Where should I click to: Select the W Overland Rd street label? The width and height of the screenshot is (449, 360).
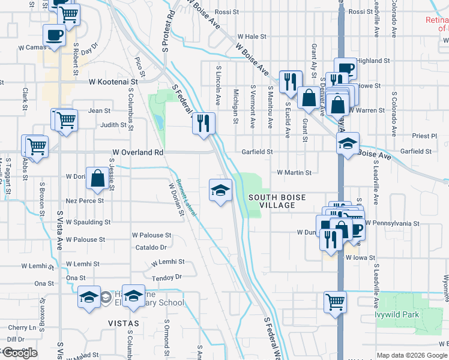click(136, 152)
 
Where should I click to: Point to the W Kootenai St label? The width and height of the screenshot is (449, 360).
click(113, 81)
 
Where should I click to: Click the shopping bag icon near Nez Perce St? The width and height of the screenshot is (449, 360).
click(97, 178)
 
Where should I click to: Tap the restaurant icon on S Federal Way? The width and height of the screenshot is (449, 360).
click(203, 124)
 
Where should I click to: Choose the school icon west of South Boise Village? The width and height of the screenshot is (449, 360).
click(220, 191)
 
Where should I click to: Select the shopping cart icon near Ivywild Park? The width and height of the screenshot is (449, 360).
click(335, 302)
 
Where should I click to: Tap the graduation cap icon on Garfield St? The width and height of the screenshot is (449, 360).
click(347, 144)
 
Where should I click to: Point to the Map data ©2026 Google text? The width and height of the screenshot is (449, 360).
click(412, 355)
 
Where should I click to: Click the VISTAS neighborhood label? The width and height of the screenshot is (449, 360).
click(123, 323)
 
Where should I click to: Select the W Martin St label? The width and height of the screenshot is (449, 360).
click(294, 173)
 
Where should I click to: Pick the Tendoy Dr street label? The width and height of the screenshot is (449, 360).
click(166, 278)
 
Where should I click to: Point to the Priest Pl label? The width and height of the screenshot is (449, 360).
click(425, 136)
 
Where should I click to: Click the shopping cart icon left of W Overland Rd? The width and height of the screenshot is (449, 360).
click(36, 145)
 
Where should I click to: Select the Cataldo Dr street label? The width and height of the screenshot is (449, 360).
click(151, 247)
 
